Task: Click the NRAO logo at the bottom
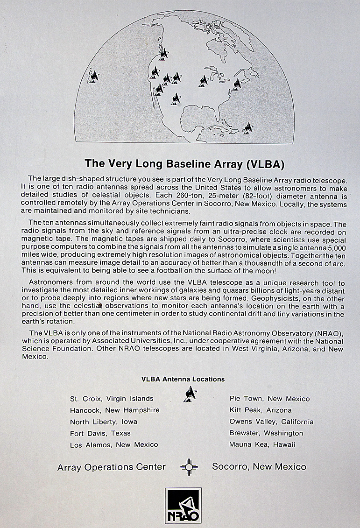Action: (184, 506)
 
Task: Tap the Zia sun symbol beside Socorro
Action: (188, 466)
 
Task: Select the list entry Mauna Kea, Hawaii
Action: (262, 444)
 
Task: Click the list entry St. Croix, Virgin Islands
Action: (112, 399)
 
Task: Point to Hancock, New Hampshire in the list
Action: (114, 410)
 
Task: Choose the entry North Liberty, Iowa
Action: (104, 422)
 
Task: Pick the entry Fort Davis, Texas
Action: (100, 433)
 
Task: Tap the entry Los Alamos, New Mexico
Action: (114, 444)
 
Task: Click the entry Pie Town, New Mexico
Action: (269, 399)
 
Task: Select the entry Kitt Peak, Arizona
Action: (260, 410)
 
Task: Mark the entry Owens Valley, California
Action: (271, 422)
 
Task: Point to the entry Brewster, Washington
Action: (266, 433)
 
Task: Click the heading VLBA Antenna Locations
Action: (183, 379)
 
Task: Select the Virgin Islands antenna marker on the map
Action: (248, 127)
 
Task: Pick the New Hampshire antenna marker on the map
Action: (238, 84)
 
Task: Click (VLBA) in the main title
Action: (262, 164)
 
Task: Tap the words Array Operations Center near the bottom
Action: (111, 467)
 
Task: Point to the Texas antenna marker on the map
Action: (176, 99)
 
